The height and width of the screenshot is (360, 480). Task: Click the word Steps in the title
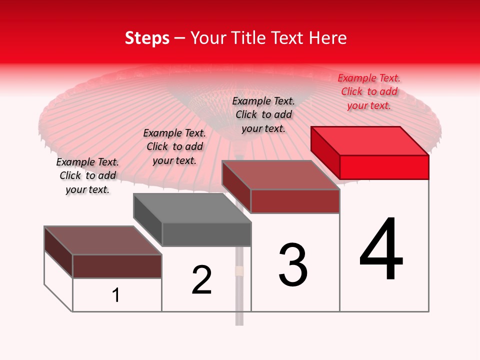tap(146, 38)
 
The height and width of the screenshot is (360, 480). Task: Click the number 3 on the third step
tap(293, 265)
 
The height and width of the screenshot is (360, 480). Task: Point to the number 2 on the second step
tap(201, 280)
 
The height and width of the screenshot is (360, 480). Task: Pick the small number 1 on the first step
tap(116, 295)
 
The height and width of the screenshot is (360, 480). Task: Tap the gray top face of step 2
tap(192, 208)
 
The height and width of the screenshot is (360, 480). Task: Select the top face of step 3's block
tap(281, 175)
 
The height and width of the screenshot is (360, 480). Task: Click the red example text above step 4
tap(369, 91)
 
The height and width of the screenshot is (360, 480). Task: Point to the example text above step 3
tap(263, 114)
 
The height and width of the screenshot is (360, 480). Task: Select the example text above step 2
tap(174, 146)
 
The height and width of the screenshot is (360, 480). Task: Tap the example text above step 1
tap(87, 175)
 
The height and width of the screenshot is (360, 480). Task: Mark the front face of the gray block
tap(206, 234)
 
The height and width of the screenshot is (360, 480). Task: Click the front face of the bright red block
tap(384, 167)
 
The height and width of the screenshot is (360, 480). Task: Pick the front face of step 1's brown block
tap(117, 266)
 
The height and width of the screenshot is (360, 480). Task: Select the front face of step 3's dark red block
tap(295, 201)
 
